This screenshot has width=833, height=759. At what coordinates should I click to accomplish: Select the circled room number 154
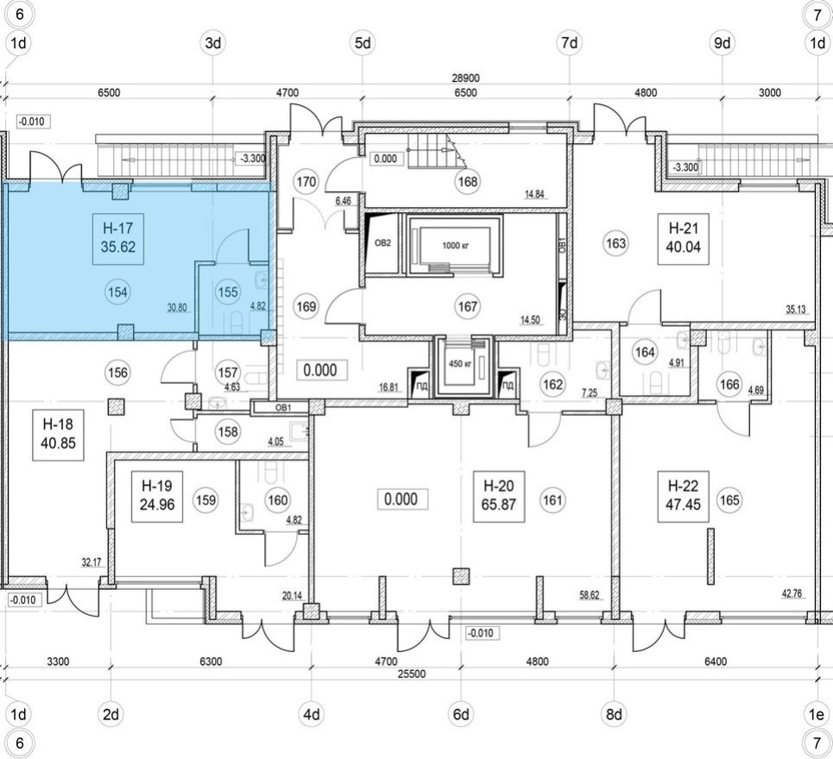tap(118, 292)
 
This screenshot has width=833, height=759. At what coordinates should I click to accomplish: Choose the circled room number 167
tap(466, 306)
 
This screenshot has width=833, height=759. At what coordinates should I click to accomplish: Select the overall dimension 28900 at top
tap(465, 78)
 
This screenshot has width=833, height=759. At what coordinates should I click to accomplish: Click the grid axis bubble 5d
tap(363, 42)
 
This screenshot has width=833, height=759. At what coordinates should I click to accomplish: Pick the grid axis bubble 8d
tap(614, 714)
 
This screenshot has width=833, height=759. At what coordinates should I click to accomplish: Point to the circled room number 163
tap(615, 243)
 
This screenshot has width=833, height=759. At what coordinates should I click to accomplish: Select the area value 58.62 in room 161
tap(590, 595)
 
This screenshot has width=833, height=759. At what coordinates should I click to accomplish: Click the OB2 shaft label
tap(382, 242)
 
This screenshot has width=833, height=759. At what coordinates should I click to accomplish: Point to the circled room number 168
tap(469, 182)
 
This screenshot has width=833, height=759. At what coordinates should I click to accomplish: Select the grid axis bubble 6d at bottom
tap(463, 714)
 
